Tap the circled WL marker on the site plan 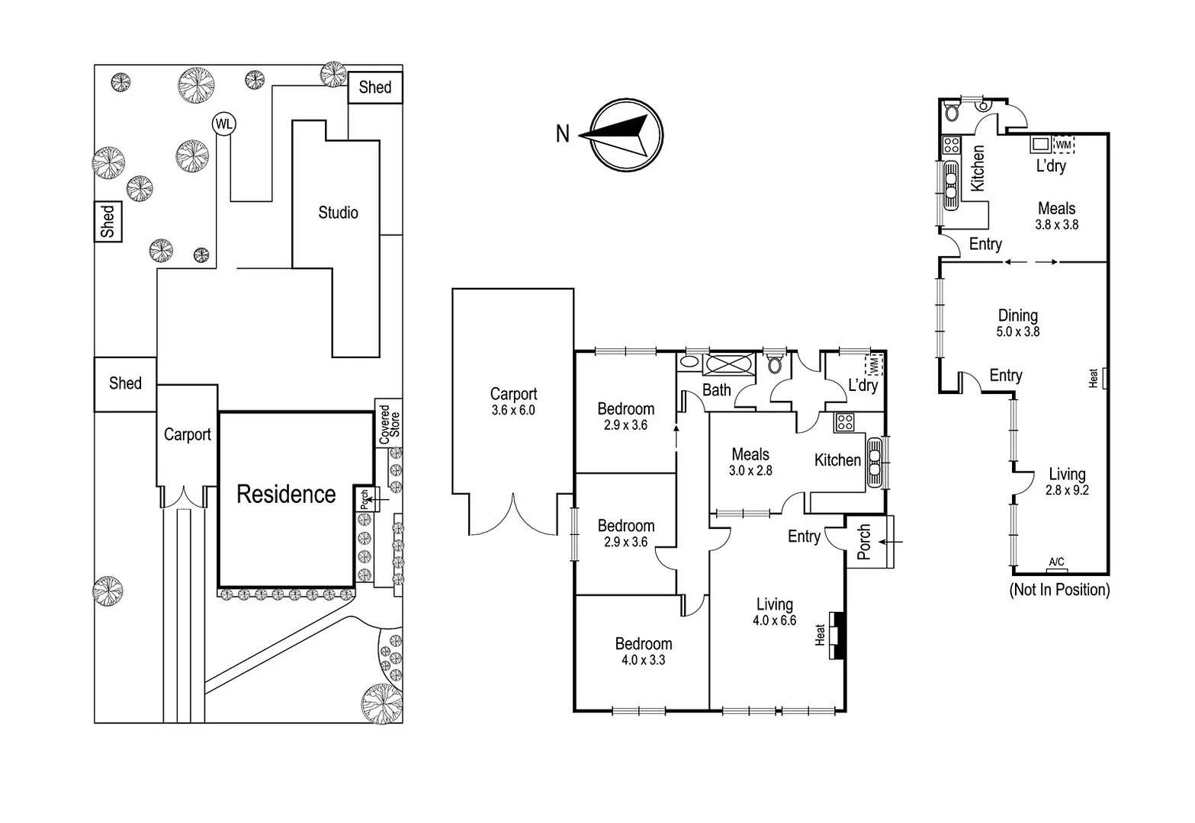(223, 124)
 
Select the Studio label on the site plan (338, 213)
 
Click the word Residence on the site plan (286, 495)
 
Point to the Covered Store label (389, 424)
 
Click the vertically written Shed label (108, 221)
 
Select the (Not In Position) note (1059, 589)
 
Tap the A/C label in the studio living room (1056, 562)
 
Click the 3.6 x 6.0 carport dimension (513, 410)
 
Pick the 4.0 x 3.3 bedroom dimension (643, 660)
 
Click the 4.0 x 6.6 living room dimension (774, 620)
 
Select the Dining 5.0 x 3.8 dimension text (1017, 331)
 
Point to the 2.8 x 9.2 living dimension (1066, 490)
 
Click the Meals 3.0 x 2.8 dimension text (750, 470)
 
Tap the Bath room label (716, 390)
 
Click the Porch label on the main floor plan (864, 542)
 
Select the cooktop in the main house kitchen (844, 422)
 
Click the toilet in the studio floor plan (951, 113)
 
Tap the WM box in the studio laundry (1063, 144)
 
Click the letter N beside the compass (563, 134)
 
